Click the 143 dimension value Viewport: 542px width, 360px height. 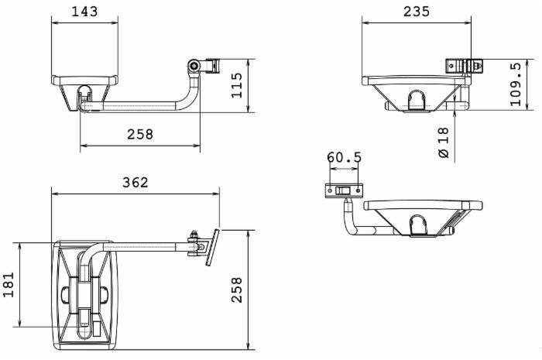tap(85, 12)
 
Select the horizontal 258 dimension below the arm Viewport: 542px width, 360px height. tap(140, 134)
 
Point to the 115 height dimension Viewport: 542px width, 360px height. tap(237, 85)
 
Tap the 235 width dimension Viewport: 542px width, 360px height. tap(417, 12)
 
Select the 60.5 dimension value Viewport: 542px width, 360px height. tap(344, 158)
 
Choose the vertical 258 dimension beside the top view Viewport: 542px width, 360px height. tap(237, 290)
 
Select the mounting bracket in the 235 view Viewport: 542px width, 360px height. tap(463, 66)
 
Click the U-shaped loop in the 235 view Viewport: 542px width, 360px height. tap(416, 99)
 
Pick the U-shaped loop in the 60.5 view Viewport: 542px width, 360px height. tap(417, 225)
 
